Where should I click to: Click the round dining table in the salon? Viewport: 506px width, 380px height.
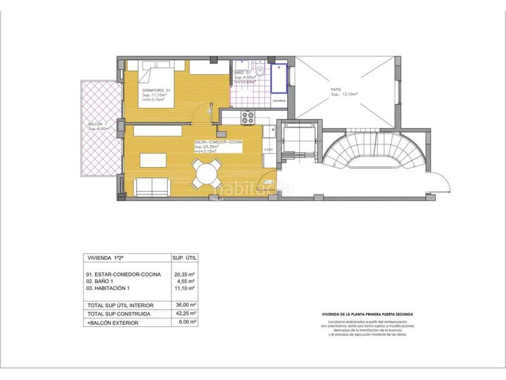pos(206,172)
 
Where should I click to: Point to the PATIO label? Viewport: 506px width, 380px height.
pos(336,91)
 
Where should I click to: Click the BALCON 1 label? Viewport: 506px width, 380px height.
pos(98,123)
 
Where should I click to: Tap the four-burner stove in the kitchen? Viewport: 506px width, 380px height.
pos(247,117)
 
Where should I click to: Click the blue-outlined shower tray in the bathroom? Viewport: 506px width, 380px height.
pos(279,79)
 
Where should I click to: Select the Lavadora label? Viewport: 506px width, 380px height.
pos(280,101)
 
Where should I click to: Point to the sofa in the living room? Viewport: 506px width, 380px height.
pos(152,186)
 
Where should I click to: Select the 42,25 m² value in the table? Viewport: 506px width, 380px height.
pos(185,313)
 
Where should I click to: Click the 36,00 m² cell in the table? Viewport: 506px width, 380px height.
pos(185,305)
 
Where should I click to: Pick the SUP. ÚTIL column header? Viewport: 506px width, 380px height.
pos(185,258)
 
